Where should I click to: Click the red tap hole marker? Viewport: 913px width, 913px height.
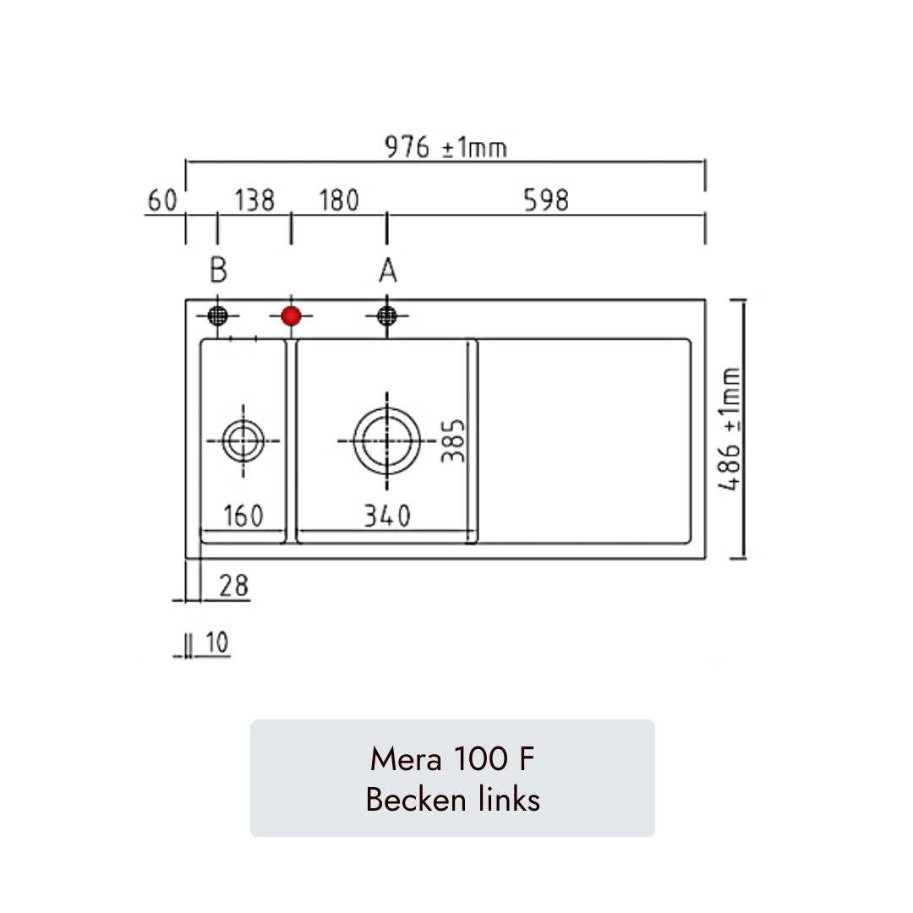click(x=291, y=316)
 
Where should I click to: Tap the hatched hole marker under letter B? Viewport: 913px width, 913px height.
click(x=218, y=316)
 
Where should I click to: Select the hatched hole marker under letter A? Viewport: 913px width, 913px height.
click(x=386, y=316)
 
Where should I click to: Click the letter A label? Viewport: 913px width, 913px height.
click(x=387, y=271)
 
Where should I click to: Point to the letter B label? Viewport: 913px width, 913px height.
click(x=218, y=271)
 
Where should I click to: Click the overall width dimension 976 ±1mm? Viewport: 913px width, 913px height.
click(x=446, y=148)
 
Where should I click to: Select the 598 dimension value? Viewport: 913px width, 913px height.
click(x=545, y=200)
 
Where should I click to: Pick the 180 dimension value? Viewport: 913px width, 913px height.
click(x=338, y=200)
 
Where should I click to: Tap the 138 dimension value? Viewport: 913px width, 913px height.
click(x=254, y=200)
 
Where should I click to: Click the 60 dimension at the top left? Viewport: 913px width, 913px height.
click(x=162, y=200)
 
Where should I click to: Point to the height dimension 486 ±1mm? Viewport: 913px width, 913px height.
click(x=730, y=429)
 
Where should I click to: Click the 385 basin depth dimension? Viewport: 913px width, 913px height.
click(x=454, y=440)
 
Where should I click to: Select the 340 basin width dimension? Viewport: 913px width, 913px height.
click(x=387, y=515)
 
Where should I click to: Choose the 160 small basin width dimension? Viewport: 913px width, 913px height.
click(x=243, y=516)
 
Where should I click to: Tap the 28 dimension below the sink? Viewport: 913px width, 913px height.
click(x=234, y=585)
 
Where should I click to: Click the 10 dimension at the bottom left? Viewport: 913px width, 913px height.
click(x=216, y=643)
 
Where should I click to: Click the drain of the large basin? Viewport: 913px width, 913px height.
click(x=386, y=441)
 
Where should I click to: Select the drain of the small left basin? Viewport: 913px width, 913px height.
click(x=243, y=440)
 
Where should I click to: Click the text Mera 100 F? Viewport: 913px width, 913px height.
click(x=452, y=759)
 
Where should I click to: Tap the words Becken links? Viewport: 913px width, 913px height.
click(x=452, y=798)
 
